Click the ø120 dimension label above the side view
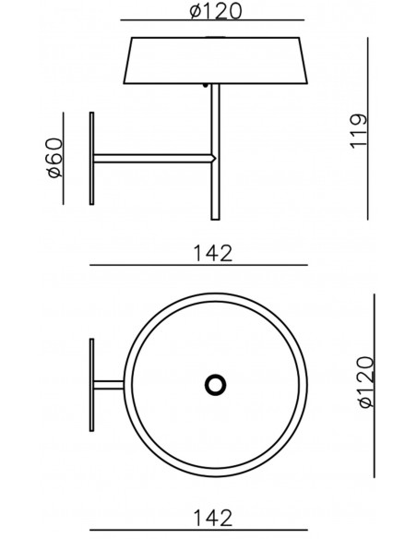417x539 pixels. pyautogui.click(x=216, y=11)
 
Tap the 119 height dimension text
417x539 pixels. pyautogui.click(x=359, y=131)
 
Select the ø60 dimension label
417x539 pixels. pyautogui.click(x=55, y=158)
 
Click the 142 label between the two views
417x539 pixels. pyautogui.click(x=213, y=253)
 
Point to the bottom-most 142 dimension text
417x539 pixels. pyautogui.click(x=213, y=518)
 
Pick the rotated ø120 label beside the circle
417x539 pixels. pyautogui.click(x=365, y=382)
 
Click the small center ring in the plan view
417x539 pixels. pyautogui.click(x=215, y=385)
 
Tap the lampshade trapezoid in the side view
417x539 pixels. pyautogui.click(x=215, y=60)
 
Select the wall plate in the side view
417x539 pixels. pyautogui.click(x=91, y=159)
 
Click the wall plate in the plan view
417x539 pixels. pyautogui.click(x=91, y=385)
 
